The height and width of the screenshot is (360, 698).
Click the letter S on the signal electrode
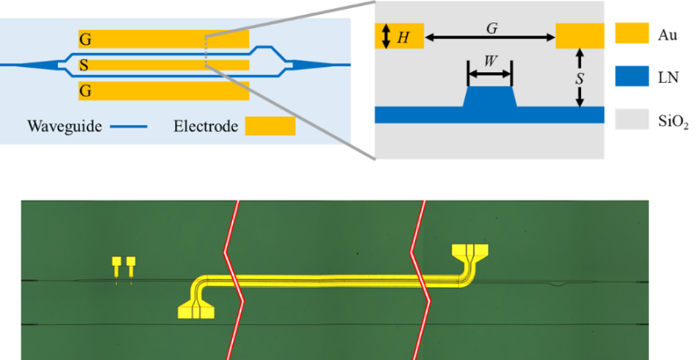(85, 65)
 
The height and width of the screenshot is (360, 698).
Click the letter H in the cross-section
(404, 36)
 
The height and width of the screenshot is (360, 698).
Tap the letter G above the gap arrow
(491, 27)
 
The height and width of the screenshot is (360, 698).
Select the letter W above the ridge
(490, 62)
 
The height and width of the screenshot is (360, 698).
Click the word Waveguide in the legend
(64, 127)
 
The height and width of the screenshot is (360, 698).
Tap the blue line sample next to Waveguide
(130, 127)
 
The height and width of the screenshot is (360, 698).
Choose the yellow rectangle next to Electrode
(270, 126)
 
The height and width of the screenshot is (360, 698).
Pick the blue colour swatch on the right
(632, 76)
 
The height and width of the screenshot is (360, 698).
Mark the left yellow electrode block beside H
(399, 36)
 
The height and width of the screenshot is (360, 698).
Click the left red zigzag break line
(233, 279)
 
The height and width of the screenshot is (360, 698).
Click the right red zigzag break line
(420, 279)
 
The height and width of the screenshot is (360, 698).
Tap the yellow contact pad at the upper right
(470, 251)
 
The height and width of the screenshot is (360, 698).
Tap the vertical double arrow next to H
(385, 36)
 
